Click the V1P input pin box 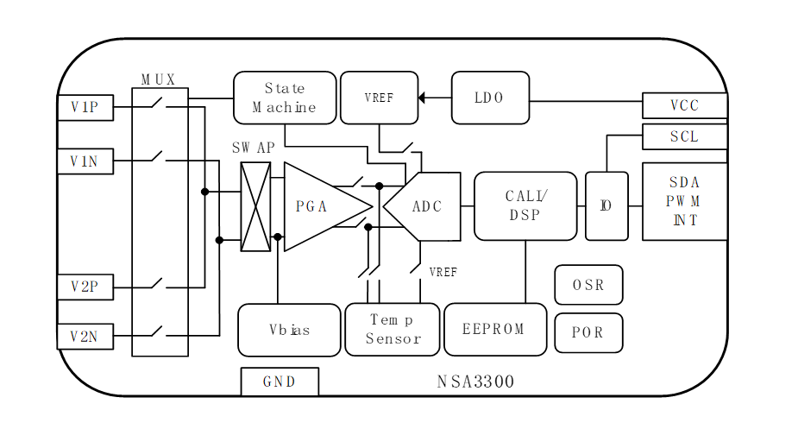85,108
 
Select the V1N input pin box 85,161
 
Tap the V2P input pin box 85,287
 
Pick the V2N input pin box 85,337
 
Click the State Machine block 285,98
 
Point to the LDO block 489,98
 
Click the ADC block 426,206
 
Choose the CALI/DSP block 525,206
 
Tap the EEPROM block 495,329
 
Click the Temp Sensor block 393,329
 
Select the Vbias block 289,330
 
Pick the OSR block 588,285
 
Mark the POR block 588,332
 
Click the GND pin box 280,382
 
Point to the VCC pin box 685,105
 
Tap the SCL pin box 685,136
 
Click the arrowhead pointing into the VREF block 422,98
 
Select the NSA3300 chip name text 475,382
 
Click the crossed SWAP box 255,206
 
